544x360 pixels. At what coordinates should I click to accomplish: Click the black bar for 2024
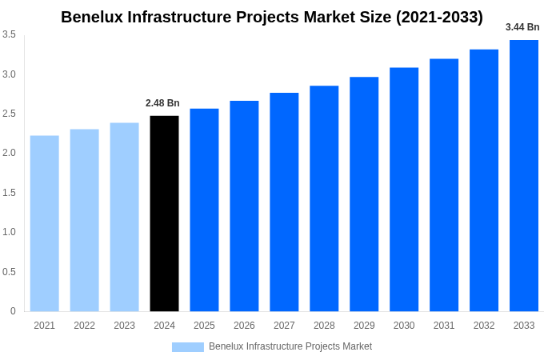[164, 214]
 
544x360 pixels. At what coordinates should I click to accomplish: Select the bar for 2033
[524, 176]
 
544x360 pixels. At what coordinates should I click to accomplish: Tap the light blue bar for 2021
[45, 223]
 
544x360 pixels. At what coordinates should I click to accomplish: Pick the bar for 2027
[284, 202]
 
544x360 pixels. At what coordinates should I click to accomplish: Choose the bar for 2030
[404, 190]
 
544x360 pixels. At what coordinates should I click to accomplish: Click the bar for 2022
[85, 220]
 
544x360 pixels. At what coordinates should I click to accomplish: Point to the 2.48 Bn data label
[162, 103]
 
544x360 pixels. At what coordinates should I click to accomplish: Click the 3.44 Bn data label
[522, 27]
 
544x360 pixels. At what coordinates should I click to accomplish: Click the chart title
[272, 17]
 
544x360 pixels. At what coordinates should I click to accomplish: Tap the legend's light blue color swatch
[188, 346]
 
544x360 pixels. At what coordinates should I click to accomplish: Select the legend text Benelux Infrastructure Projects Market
[290, 346]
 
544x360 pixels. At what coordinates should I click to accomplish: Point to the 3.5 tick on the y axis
[9, 34]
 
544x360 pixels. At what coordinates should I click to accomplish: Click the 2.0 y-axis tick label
[9, 153]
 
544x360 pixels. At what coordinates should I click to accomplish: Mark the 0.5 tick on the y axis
[9, 272]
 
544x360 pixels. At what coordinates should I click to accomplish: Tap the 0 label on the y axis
[13, 311]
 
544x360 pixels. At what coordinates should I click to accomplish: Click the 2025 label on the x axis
[204, 326]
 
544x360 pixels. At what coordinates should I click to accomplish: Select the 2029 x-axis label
[364, 326]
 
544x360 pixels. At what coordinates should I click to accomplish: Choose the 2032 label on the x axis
[484, 326]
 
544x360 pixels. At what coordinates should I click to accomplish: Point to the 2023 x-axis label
[124, 326]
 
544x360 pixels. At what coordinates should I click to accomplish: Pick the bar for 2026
[244, 206]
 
